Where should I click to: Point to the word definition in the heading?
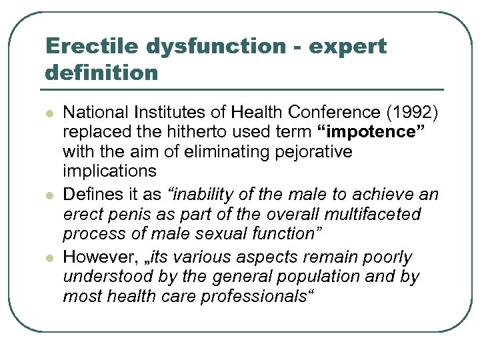102,72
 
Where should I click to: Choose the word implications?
109,171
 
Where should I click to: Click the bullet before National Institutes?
49,113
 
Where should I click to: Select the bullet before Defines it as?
49,195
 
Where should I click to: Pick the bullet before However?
49,258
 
